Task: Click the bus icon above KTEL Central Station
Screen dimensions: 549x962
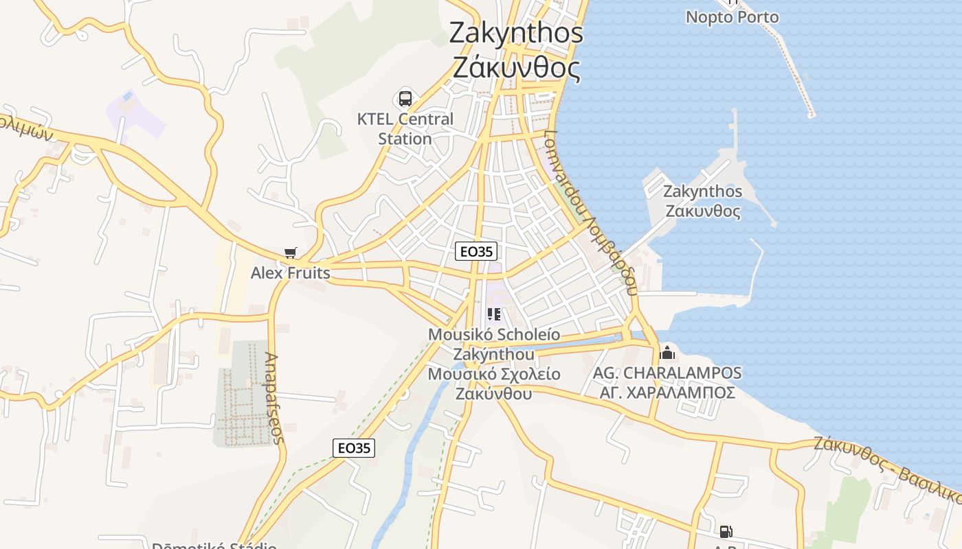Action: pyautogui.click(x=405, y=98)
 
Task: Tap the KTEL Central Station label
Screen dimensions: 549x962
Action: pyautogui.click(x=405, y=128)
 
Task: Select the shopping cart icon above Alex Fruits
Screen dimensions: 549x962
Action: pyautogui.click(x=291, y=253)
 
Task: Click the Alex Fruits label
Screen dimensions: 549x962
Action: pyautogui.click(x=290, y=273)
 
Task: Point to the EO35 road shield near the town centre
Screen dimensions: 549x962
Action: pyautogui.click(x=476, y=251)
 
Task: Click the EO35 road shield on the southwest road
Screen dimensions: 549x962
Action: pyautogui.click(x=355, y=448)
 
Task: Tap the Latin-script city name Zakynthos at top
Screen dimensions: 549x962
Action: pyautogui.click(x=516, y=33)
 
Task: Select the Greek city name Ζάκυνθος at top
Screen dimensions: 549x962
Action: pyautogui.click(x=516, y=68)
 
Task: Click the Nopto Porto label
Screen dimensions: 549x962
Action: pyautogui.click(x=732, y=17)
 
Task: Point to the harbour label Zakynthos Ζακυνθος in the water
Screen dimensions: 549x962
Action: pyautogui.click(x=702, y=201)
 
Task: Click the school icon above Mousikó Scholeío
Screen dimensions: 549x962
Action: pyautogui.click(x=493, y=314)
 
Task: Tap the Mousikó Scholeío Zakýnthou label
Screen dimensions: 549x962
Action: pyautogui.click(x=493, y=344)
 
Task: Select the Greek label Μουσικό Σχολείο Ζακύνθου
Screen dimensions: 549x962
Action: pyautogui.click(x=493, y=384)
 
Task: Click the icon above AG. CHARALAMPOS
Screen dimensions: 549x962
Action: pyautogui.click(x=667, y=354)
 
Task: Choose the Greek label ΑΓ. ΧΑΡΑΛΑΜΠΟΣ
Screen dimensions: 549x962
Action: pyautogui.click(x=667, y=393)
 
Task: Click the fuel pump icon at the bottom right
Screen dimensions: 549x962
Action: pyautogui.click(x=726, y=531)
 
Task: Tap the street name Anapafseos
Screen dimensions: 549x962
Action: pyautogui.click(x=274, y=398)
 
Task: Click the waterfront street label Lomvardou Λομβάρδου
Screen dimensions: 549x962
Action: pyautogui.click(x=589, y=213)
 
